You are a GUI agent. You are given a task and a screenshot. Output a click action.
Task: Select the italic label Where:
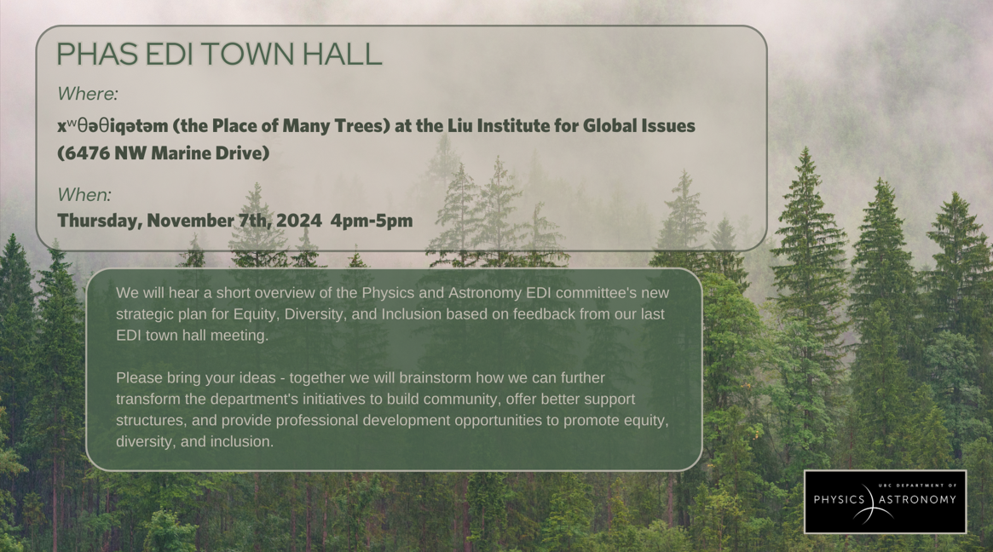[88, 94]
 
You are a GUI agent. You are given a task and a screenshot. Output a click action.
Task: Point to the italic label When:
[84, 194]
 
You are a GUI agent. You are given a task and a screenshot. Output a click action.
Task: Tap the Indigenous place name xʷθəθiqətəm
[113, 126]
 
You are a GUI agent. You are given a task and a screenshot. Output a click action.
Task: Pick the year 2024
[299, 221]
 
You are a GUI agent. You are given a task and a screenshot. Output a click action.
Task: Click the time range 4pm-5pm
[372, 221]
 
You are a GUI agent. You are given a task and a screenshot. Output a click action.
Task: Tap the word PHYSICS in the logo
[839, 499]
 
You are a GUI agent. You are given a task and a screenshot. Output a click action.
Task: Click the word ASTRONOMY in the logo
[918, 499]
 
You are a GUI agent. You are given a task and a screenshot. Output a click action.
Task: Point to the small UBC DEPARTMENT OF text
[918, 486]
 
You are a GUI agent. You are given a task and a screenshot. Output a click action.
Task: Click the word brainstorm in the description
[435, 378]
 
